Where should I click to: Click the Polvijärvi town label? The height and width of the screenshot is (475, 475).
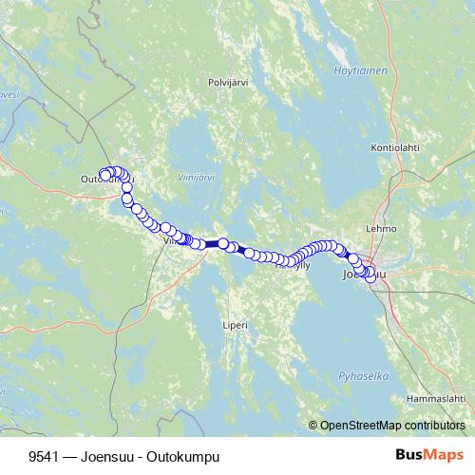pyautogui.click(x=228, y=83)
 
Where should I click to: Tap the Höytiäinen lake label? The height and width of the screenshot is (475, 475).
pyautogui.click(x=354, y=70)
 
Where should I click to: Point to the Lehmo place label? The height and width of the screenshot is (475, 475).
pyautogui.click(x=381, y=229)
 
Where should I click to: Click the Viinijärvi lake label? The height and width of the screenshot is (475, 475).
pyautogui.click(x=197, y=177)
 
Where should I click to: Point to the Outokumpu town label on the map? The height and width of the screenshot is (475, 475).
pyautogui.click(x=106, y=179)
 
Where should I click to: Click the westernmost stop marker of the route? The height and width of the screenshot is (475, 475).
pyautogui.click(x=104, y=173)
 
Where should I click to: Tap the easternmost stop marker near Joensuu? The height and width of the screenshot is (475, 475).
pyautogui.click(x=370, y=278)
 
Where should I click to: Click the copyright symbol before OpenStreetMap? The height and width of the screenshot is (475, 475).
pyautogui.click(x=313, y=426)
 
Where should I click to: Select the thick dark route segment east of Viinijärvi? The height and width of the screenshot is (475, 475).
pyautogui.click(x=211, y=244)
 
